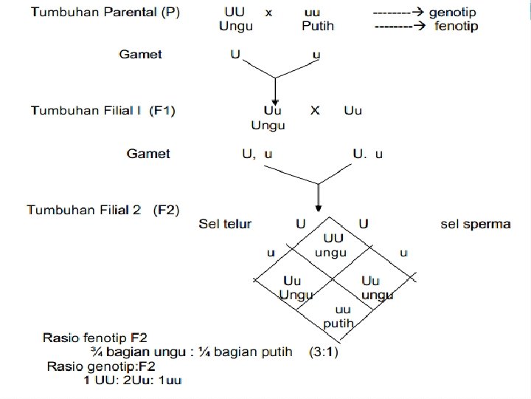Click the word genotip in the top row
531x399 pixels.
[x=453, y=13]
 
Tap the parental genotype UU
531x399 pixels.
[x=235, y=13]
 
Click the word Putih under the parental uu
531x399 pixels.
[x=318, y=26]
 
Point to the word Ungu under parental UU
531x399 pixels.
[x=236, y=26]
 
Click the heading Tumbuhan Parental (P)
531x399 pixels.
[x=105, y=13]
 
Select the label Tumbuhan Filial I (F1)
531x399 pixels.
[x=103, y=110]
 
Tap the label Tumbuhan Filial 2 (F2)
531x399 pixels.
[x=103, y=210]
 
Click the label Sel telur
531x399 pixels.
[x=225, y=224]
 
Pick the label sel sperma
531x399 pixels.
[x=476, y=224]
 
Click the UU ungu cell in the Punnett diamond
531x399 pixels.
[x=332, y=245]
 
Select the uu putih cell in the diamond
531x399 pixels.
[x=339, y=316]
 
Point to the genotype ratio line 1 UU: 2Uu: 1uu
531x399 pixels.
[x=132, y=380]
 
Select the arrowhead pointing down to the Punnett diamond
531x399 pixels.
[x=318, y=205]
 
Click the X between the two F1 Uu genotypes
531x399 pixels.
[x=315, y=111]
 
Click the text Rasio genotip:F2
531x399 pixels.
[x=101, y=366]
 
